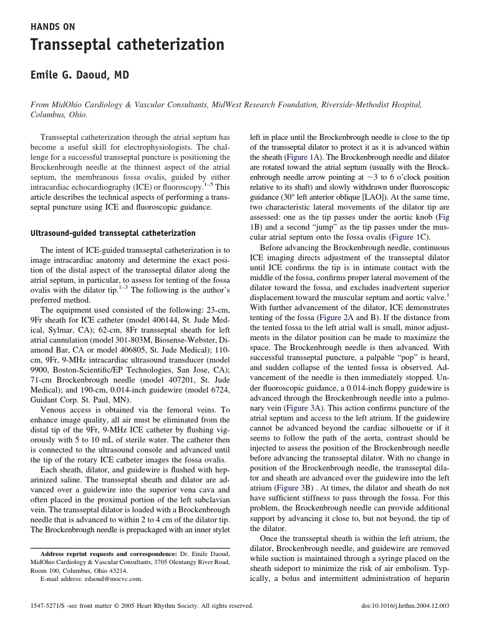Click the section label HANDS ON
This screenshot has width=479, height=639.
53,27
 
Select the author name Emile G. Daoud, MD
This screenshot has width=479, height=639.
80,76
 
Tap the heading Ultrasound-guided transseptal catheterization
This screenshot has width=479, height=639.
113,233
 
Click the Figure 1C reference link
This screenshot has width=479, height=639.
409,237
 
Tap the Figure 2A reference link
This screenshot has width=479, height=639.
336,317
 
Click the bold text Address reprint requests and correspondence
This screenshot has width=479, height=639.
109,554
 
